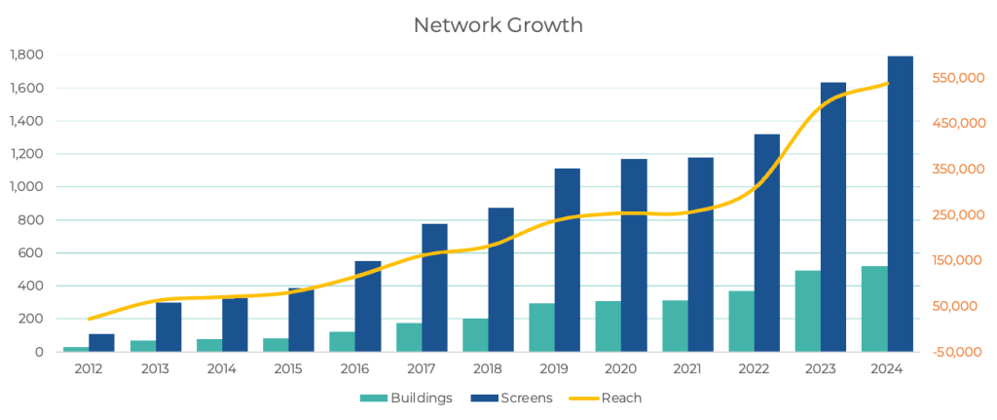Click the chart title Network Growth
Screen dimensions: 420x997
tap(498, 25)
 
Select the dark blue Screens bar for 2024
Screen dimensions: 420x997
tap(900, 204)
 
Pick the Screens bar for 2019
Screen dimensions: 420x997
tap(568, 259)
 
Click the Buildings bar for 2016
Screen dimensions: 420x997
tap(343, 341)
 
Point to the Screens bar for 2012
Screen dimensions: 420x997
tap(101, 342)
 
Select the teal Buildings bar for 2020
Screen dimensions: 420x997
tap(609, 325)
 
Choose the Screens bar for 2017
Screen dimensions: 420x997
tap(434, 287)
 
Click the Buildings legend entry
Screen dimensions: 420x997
tap(406, 398)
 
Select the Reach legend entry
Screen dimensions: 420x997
tap(609, 398)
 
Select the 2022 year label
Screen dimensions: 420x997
tap(754, 369)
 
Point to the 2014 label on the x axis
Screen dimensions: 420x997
tap(222, 369)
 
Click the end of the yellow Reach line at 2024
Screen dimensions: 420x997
tap(888, 84)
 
